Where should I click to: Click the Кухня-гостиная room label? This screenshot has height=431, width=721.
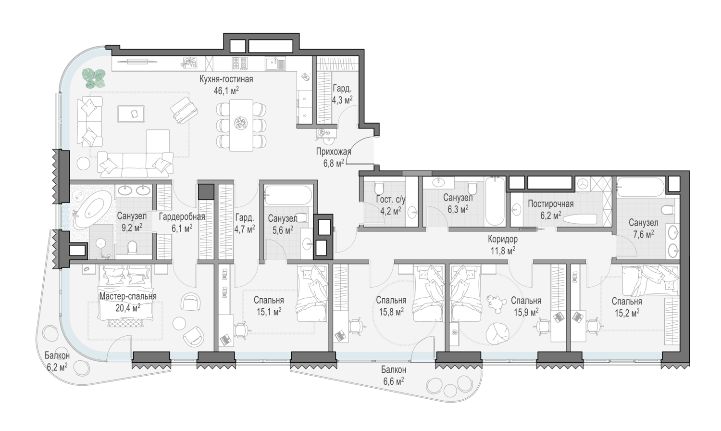coord(226,79)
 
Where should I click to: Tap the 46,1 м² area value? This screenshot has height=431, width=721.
coord(226,90)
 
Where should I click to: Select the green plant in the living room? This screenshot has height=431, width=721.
coord(94,78)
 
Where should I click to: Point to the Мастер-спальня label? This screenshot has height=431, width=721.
coord(128,296)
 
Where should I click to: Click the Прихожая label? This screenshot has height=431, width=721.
coord(334,152)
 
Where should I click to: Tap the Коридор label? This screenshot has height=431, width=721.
coord(502,239)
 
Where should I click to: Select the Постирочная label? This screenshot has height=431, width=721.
coord(551,204)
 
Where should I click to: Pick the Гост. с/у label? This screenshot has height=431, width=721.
coord(390,200)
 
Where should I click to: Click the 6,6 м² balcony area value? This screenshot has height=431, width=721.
coord(394,381)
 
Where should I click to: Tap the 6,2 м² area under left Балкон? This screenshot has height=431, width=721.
coord(57,367)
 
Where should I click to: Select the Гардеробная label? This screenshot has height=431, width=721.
coord(182,217)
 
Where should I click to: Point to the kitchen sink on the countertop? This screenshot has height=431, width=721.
coord(275,63)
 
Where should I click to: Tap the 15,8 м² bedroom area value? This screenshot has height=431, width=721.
coord(391,312)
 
